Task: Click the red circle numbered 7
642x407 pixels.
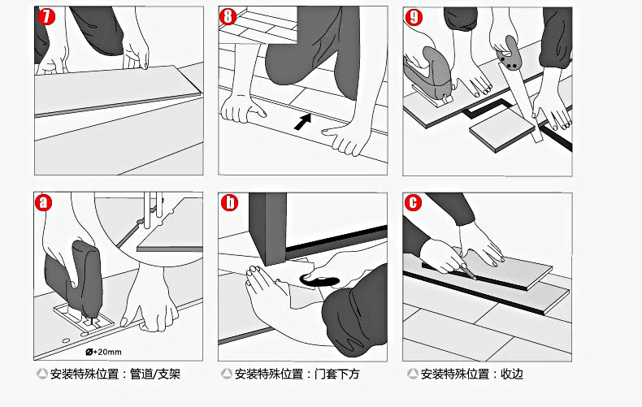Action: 46,16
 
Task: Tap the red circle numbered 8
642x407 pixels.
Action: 228,16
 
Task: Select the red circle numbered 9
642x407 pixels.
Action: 414,17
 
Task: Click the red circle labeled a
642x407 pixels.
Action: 43,202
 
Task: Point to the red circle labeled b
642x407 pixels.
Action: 229,202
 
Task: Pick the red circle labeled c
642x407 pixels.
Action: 413,202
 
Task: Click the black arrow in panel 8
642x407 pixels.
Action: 303,122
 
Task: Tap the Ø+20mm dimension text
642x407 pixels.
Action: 103,352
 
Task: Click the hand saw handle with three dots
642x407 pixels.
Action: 509,53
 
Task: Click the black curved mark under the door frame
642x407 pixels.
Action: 319,281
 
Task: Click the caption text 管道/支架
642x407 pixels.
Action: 155,374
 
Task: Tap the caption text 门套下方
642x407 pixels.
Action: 336,374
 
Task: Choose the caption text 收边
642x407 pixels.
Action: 512,374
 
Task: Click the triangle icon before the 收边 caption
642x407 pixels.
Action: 413,374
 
